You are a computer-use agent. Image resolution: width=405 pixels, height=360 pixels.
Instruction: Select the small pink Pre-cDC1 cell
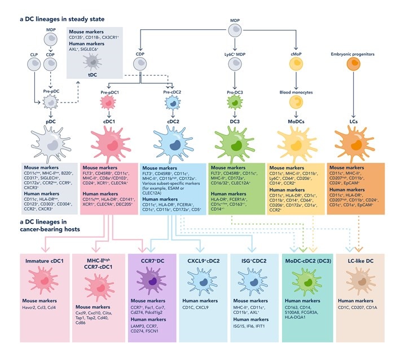pyautogui.click(x=109, y=105)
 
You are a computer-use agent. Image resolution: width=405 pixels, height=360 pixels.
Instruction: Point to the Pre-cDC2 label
pyautogui.click(x=172, y=91)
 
